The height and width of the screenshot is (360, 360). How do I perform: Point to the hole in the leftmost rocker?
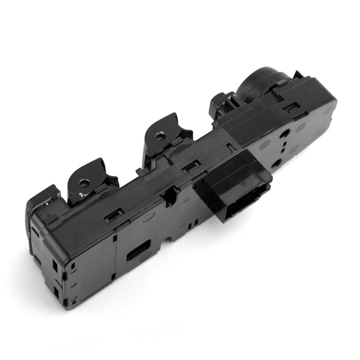85,182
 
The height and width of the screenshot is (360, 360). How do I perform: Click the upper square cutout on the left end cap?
55,264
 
